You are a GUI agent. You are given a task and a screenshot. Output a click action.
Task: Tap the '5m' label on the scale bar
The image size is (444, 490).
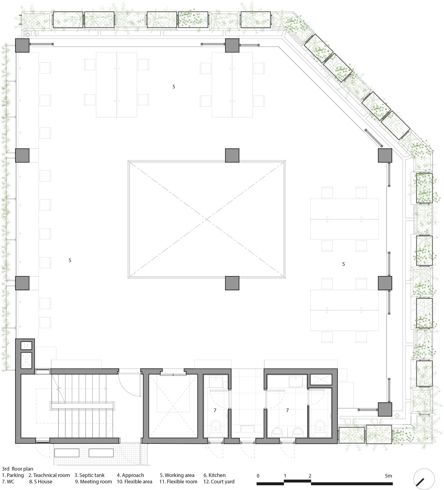coord(388,476)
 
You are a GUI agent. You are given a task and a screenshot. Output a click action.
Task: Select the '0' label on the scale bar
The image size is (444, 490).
coord(258,476)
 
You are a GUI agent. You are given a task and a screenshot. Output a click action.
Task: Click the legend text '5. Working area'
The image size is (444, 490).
coord(177,475)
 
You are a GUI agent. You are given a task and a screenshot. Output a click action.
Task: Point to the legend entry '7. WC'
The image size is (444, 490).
coord(8,481)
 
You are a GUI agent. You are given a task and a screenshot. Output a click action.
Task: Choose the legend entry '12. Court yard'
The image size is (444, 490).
coord(219,481)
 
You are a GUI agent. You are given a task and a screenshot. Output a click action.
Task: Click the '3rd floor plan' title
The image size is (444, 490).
coord(17,469)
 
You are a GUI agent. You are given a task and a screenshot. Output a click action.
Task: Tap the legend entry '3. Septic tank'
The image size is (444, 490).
coord(90,475)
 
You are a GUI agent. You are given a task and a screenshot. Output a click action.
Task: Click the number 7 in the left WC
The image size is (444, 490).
coord(215,410)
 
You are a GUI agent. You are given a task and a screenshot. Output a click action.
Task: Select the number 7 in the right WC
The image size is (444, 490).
coord(287,410)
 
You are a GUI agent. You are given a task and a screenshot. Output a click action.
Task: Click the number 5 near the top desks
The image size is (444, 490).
coord(174,87)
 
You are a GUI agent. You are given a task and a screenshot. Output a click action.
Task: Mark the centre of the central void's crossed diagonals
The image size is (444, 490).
coord(206,219)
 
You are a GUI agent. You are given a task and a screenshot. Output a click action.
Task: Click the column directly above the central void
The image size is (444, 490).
coord(232,155)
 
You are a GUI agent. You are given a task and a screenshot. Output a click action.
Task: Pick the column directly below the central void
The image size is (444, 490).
coord(232,283)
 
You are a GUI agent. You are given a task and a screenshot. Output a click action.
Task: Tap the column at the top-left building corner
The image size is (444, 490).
coord(22,45)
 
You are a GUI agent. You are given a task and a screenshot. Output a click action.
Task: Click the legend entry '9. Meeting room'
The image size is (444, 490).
coord(94,481)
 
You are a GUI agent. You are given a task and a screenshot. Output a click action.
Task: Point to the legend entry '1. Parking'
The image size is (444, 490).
coord(13,475)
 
